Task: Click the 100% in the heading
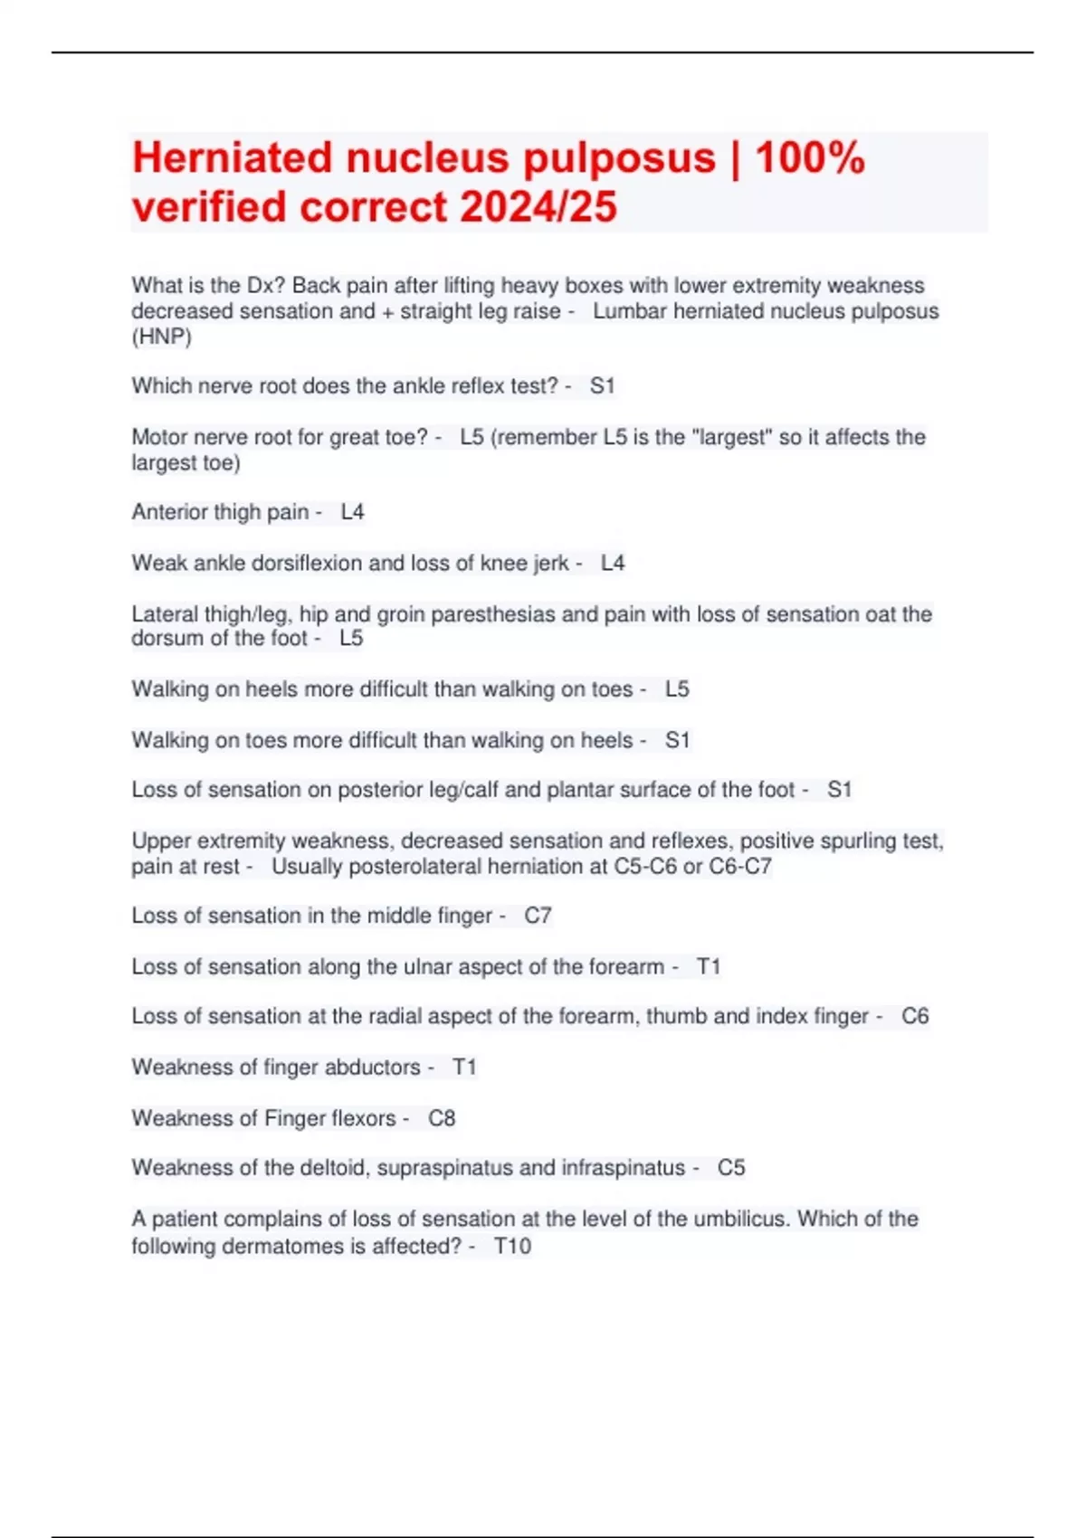pos(810,158)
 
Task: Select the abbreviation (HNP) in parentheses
pos(161,337)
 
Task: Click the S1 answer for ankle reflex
pos(602,386)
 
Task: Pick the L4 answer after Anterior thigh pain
pos(352,512)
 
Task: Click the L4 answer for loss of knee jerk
pos(613,563)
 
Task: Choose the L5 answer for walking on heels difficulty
pos(677,689)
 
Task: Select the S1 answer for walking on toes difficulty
pos(677,740)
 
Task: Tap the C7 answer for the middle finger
pos(538,916)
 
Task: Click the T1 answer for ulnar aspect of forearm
pos(709,967)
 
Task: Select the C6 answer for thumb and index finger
pos(915,1017)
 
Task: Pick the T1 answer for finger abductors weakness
pos(464,1068)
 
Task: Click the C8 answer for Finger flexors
pos(442,1119)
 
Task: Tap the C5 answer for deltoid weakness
pos(731,1168)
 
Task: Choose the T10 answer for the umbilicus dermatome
pos(512,1247)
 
